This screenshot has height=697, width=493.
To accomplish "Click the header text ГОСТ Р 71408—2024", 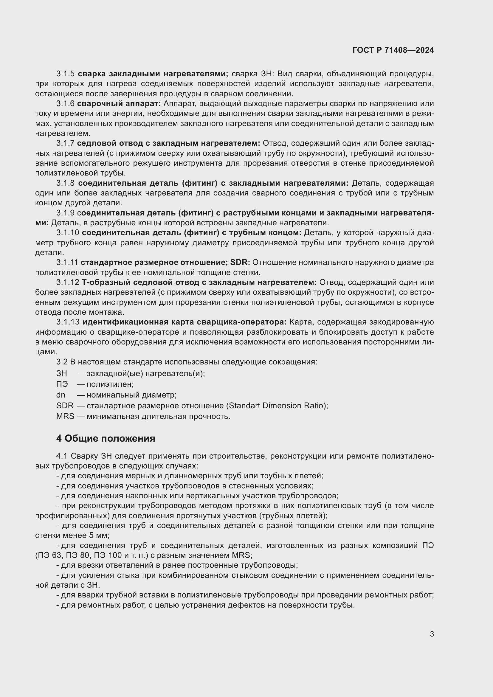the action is pos(393,50).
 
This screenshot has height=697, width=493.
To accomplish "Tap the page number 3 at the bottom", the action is pos(432,634).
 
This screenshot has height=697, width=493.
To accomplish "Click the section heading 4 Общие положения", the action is pos(106,438).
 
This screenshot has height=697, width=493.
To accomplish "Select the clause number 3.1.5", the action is pos(65,74).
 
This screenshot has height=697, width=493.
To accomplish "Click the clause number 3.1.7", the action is pos(65,143).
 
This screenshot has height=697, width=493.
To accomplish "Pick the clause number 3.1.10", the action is pos(68,232).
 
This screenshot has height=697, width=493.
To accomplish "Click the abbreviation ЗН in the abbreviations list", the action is pos(62,373).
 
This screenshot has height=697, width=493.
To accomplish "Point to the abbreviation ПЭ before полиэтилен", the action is pos(62,384).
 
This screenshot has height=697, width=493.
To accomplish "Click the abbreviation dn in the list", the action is pos(61,395).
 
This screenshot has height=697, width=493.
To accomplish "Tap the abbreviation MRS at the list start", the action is pos(65,416).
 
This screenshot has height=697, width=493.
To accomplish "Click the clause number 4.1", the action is pos(62,456).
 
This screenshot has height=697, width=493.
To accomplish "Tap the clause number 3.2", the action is pos(62,362).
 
